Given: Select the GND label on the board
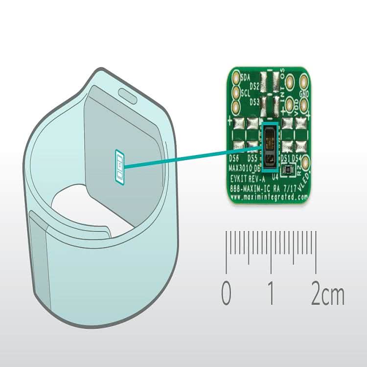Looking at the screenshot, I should pyautogui.click(x=304, y=93).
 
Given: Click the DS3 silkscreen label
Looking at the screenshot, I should pyautogui.click(x=254, y=102).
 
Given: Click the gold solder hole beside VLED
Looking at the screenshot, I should pyautogui.click(x=306, y=163).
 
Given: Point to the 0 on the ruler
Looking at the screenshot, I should pyautogui.click(x=226, y=294).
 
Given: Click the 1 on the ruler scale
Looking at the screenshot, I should pyautogui.click(x=271, y=294).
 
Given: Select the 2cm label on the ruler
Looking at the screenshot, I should pyautogui.click(x=327, y=294).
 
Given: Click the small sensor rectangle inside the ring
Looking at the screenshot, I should pyautogui.click(x=119, y=167).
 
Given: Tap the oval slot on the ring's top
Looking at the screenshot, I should pyautogui.click(x=130, y=93).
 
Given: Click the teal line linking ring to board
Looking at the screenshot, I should pyautogui.click(x=191, y=157).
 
